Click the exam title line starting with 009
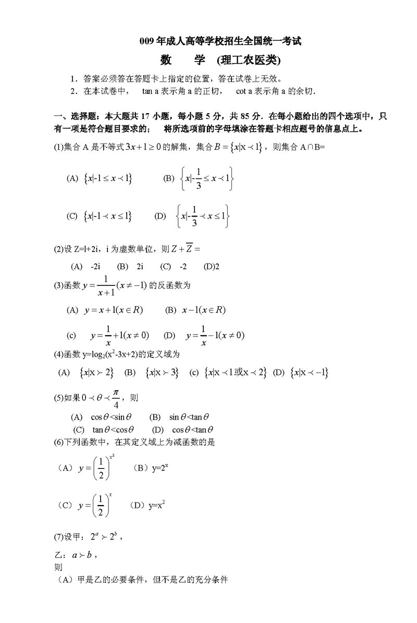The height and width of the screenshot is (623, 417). click(221, 41)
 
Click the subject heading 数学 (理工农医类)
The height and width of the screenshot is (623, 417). click(220, 61)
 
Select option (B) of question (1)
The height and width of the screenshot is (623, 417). click(199, 178)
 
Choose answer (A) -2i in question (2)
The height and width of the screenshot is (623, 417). click(85, 266)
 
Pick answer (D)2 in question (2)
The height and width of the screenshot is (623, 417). click(212, 266)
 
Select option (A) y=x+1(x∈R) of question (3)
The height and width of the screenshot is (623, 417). click(105, 310)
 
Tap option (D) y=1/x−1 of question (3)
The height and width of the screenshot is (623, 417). click(204, 336)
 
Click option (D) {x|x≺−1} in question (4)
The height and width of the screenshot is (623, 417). click(301, 373)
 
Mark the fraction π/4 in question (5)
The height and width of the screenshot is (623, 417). click(116, 398)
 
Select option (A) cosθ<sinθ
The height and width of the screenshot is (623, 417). click(102, 417)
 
